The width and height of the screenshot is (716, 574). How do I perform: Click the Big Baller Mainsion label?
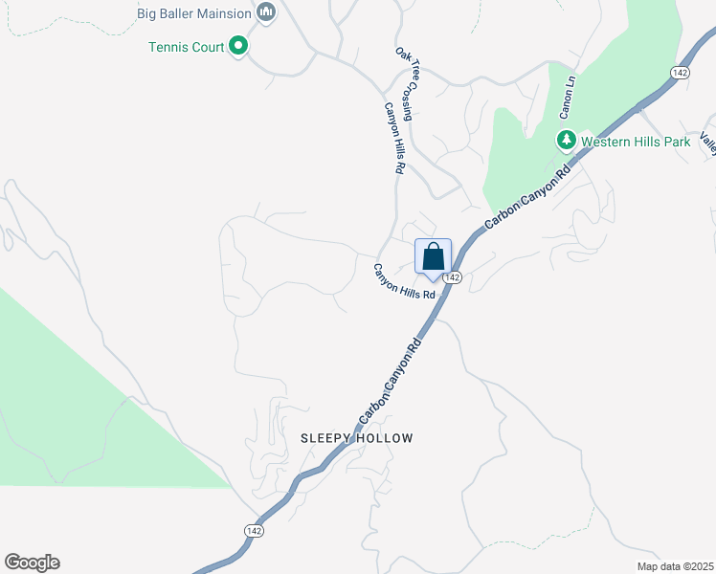pos(194,13)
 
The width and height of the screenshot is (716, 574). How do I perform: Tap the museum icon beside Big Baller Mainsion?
pos(267,13)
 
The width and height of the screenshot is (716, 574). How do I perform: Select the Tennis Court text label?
pos(186,46)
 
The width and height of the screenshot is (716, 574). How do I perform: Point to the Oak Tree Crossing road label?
pos(405,83)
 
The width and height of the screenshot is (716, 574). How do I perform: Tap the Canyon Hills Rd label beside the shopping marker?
pos(404,282)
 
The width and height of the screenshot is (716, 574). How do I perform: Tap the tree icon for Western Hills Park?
pos(566,142)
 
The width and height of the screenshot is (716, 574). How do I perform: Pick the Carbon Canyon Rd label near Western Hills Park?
pos(527,196)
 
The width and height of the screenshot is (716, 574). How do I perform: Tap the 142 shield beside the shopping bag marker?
pos(454,277)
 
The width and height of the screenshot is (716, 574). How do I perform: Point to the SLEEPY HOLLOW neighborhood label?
pos(357,438)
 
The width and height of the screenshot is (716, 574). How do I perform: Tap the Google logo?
pos(32,563)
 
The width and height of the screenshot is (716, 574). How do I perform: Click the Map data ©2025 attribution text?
pos(674,566)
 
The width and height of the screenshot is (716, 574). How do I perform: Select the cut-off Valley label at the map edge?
pos(707,143)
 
